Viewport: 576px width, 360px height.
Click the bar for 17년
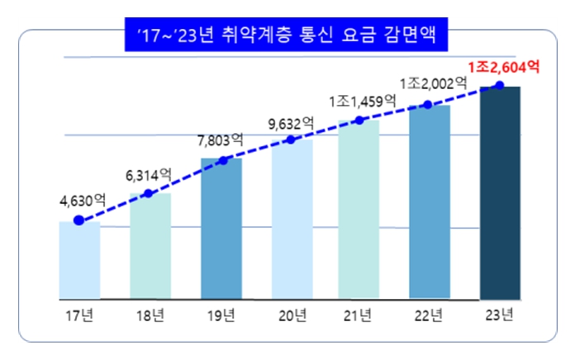click(79, 260)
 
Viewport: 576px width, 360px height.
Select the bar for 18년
click(150, 246)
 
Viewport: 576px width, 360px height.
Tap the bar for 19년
click(221, 228)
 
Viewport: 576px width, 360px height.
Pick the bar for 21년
click(359, 209)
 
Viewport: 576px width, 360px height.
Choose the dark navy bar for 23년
click(500, 192)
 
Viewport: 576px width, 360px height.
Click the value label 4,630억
click(83, 199)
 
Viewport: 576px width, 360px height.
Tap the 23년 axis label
click(500, 314)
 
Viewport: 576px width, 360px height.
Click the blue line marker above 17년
click(79, 220)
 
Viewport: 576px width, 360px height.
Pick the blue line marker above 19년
click(221, 159)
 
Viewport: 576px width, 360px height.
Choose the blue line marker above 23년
click(499, 85)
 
